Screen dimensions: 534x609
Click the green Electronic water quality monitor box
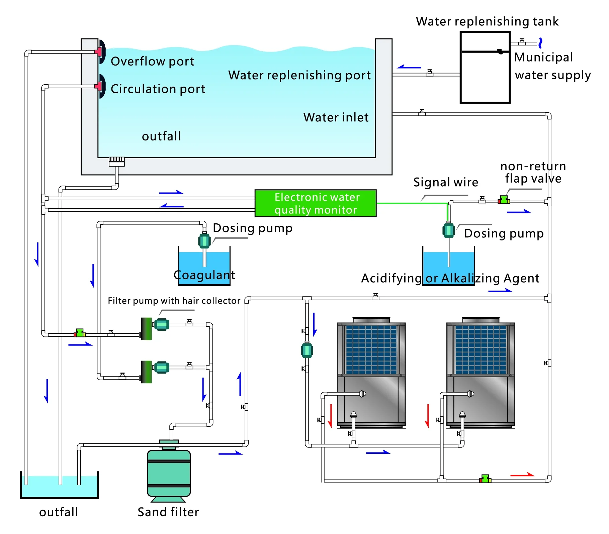point(315,203)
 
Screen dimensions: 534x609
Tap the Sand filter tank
point(169,473)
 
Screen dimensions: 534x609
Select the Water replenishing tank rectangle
point(485,68)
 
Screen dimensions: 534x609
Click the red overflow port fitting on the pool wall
point(98,51)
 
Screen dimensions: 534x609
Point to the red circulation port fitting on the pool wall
point(98,86)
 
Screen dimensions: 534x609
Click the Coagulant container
point(204,268)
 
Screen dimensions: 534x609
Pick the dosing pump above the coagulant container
point(204,240)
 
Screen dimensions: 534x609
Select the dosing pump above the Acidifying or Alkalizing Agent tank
point(448,230)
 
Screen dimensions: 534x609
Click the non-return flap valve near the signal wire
point(504,200)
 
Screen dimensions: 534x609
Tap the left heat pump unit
point(371,373)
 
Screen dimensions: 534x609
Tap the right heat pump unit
point(481,373)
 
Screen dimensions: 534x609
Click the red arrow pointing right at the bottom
point(522,474)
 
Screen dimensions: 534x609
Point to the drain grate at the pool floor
point(116,161)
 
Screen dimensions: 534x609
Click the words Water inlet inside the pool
point(336,117)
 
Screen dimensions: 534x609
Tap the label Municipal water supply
point(552,66)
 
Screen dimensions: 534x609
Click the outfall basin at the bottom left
point(59,487)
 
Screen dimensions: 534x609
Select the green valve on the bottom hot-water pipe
point(485,479)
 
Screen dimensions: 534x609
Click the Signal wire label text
point(445,182)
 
